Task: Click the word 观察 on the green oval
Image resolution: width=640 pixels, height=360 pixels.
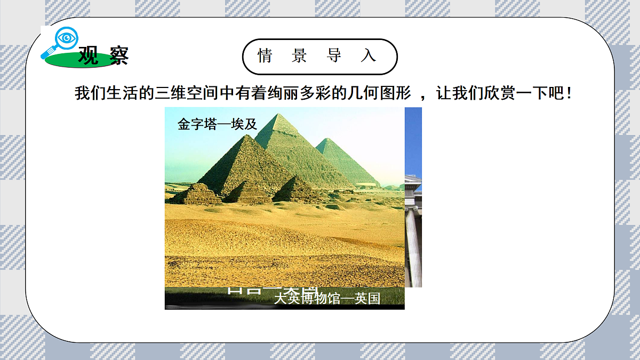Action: [x=103, y=55]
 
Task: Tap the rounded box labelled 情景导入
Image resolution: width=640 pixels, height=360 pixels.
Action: [x=319, y=56]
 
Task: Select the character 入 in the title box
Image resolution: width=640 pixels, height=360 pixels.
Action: [x=368, y=55]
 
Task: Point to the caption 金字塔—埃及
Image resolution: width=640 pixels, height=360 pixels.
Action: [x=218, y=125]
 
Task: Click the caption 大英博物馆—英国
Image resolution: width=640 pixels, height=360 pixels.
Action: [x=327, y=299]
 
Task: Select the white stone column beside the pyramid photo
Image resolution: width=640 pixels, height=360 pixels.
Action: [x=413, y=245]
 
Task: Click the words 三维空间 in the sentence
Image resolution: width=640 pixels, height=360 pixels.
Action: [x=187, y=94]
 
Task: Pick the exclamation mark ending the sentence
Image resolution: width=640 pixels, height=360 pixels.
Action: [x=570, y=94]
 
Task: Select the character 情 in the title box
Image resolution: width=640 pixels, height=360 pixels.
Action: [x=265, y=55]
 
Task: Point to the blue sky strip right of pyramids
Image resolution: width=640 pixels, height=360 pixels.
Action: [x=413, y=139]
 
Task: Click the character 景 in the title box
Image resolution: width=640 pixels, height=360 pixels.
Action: [x=299, y=55]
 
